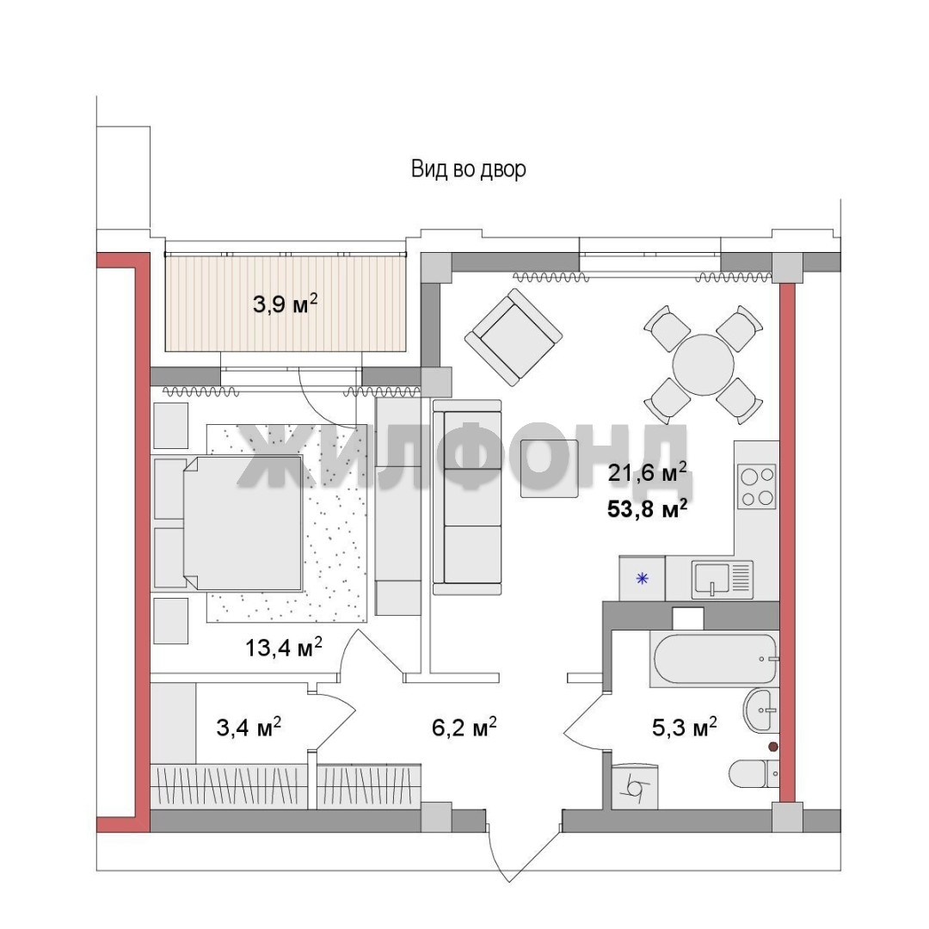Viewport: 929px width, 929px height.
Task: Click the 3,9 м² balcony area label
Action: click(285, 304)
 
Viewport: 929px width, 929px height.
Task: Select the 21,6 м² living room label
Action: click(647, 472)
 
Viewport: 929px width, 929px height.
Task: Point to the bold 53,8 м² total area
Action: click(647, 508)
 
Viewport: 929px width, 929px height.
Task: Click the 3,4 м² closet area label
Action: click(249, 726)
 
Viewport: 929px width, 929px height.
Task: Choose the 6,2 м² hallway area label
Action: click(464, 726)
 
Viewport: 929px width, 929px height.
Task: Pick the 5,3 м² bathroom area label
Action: click(685, 726)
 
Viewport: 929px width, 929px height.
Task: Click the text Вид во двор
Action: click(469, 169)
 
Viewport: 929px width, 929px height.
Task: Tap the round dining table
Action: click(704, 365)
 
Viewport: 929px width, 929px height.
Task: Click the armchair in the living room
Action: click(513, 336)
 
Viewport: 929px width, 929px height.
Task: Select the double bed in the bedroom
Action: click(243, 523)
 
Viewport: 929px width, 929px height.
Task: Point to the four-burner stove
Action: click(757, 486)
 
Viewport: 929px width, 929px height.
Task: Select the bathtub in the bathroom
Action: click(714, 659)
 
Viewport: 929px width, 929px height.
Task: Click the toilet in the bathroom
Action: click(753, 773)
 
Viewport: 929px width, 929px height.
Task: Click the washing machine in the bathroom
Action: click(635, 787)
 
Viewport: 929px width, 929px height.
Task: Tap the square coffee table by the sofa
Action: click(549, 468)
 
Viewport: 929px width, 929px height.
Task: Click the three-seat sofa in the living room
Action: click(467, 496)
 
